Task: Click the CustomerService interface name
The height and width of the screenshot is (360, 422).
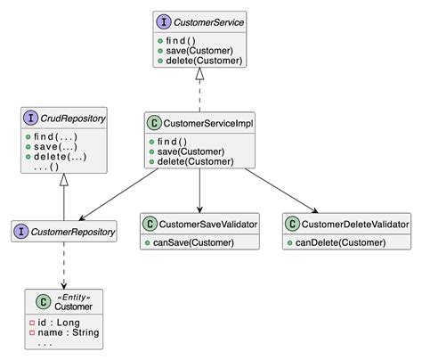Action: pyautogui.click(x=210, y=21)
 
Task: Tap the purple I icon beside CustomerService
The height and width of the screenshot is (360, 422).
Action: pyautogui.click(x=166, y=21)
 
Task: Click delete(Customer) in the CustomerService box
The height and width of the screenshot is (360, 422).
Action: pyautogui.click(x=205, y=61)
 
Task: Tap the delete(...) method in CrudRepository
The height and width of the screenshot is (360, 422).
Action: pyautogui.click(x=62, y=157)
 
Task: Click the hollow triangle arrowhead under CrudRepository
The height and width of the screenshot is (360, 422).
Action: pyautogui.click(x=65, y=179)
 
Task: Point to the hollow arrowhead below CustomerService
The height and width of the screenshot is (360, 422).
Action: pyautogui.click(x=201, y=77)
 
